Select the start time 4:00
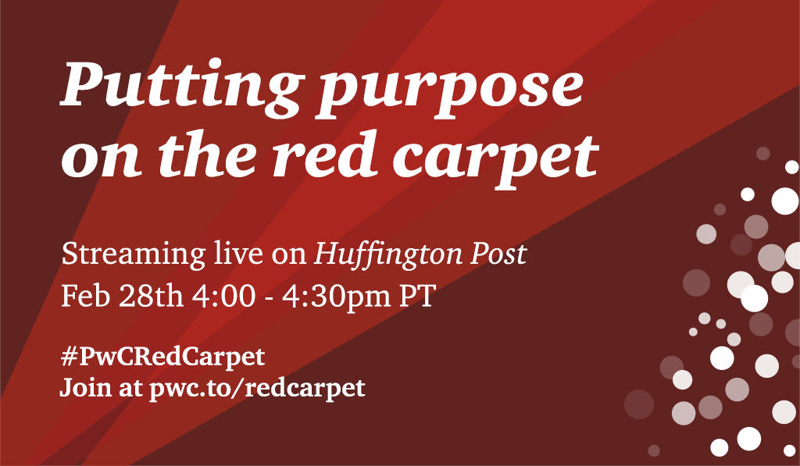[x=224, y=296]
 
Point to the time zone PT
[x=416, y=296]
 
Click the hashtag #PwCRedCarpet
[x=162, y=358]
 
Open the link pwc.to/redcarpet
[x=257, y=389]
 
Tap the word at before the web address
[x=130, y=390]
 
